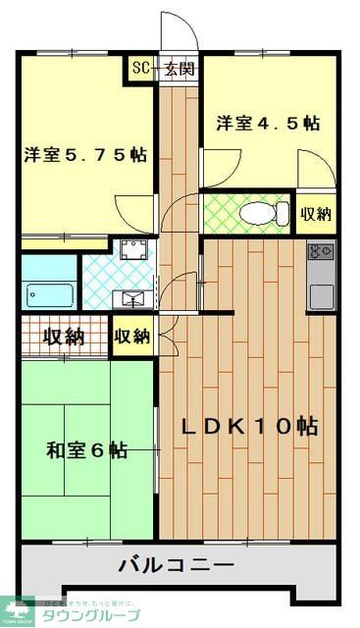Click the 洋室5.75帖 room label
click(85, 154)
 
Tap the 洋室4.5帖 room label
click(268, 124)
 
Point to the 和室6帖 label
click(86, 450)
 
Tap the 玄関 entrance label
click(179, 69)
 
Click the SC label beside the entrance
click(141, 69)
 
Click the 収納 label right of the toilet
click(315, 213)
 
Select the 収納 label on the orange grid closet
click(63, 337)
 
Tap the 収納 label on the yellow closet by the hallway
click(131, 337)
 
